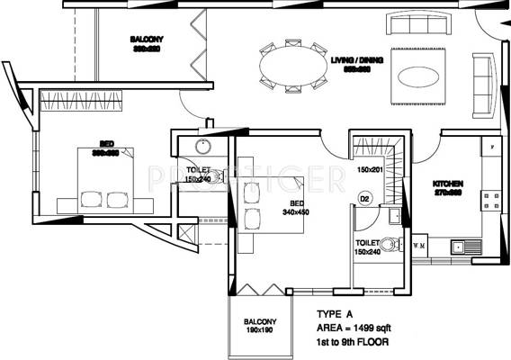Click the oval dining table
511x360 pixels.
point(293,66)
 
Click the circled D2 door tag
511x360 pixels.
point(365,198)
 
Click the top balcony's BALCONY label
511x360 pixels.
point(147,40)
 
